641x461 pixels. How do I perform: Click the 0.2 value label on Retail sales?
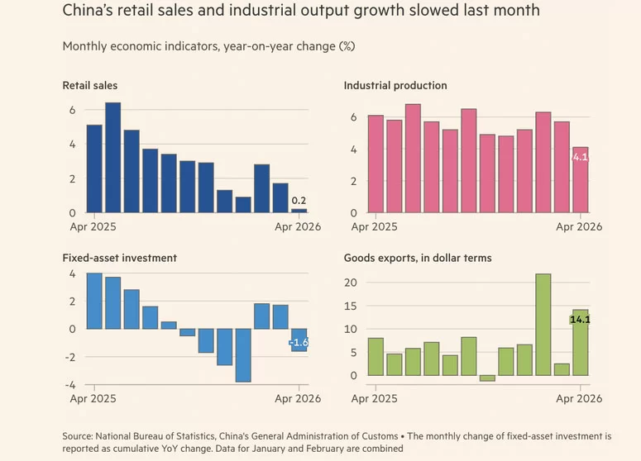299,201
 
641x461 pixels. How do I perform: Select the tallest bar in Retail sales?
113,157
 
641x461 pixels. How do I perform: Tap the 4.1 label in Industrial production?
580,157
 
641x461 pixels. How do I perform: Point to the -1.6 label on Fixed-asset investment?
299,343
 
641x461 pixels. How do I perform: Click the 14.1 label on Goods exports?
580,319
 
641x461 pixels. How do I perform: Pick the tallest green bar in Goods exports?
543,325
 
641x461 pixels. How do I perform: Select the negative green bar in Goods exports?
487,378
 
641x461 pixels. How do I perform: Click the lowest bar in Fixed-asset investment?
243,355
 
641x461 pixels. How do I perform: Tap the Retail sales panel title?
90,85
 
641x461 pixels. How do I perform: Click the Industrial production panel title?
395,85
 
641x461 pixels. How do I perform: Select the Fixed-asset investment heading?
120,258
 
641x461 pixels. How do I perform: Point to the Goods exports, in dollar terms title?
418,258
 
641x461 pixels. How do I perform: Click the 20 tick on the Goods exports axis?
351,283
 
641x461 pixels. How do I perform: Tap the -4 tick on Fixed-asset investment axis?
70,385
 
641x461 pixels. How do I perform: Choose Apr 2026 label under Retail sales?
298,226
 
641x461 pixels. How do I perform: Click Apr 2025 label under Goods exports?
374,398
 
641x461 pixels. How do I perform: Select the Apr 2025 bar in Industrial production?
376,164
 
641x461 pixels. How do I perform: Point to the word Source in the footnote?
77,436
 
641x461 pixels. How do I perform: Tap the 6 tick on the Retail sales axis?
72,110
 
